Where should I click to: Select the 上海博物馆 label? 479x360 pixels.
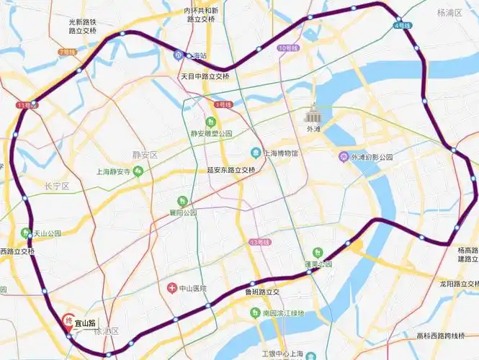[x=279, y=153]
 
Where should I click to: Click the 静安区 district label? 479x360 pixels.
[x=144, y=154]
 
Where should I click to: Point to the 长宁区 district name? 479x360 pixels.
[x=55, y=186]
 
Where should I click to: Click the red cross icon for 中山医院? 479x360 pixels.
[x=171, y=289]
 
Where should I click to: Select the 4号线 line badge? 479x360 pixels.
[x=403, y=26]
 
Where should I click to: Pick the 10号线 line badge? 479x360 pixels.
[x=286, y=48]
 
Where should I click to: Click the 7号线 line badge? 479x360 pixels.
[x=67, y=52]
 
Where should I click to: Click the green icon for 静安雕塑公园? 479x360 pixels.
[x=211, y=122]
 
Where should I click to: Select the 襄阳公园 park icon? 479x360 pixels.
[x=182, y=201]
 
